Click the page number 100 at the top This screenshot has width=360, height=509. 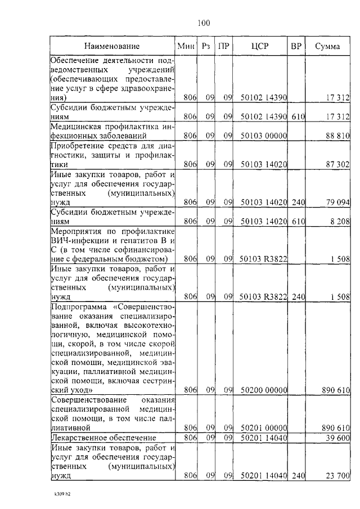[204, 23]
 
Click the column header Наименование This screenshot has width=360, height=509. [112, 46]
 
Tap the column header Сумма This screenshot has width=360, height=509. [327, 46]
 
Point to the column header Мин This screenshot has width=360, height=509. [186, 46]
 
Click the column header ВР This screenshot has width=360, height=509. [295, 46]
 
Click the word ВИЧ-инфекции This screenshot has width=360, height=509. [76, 240]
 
